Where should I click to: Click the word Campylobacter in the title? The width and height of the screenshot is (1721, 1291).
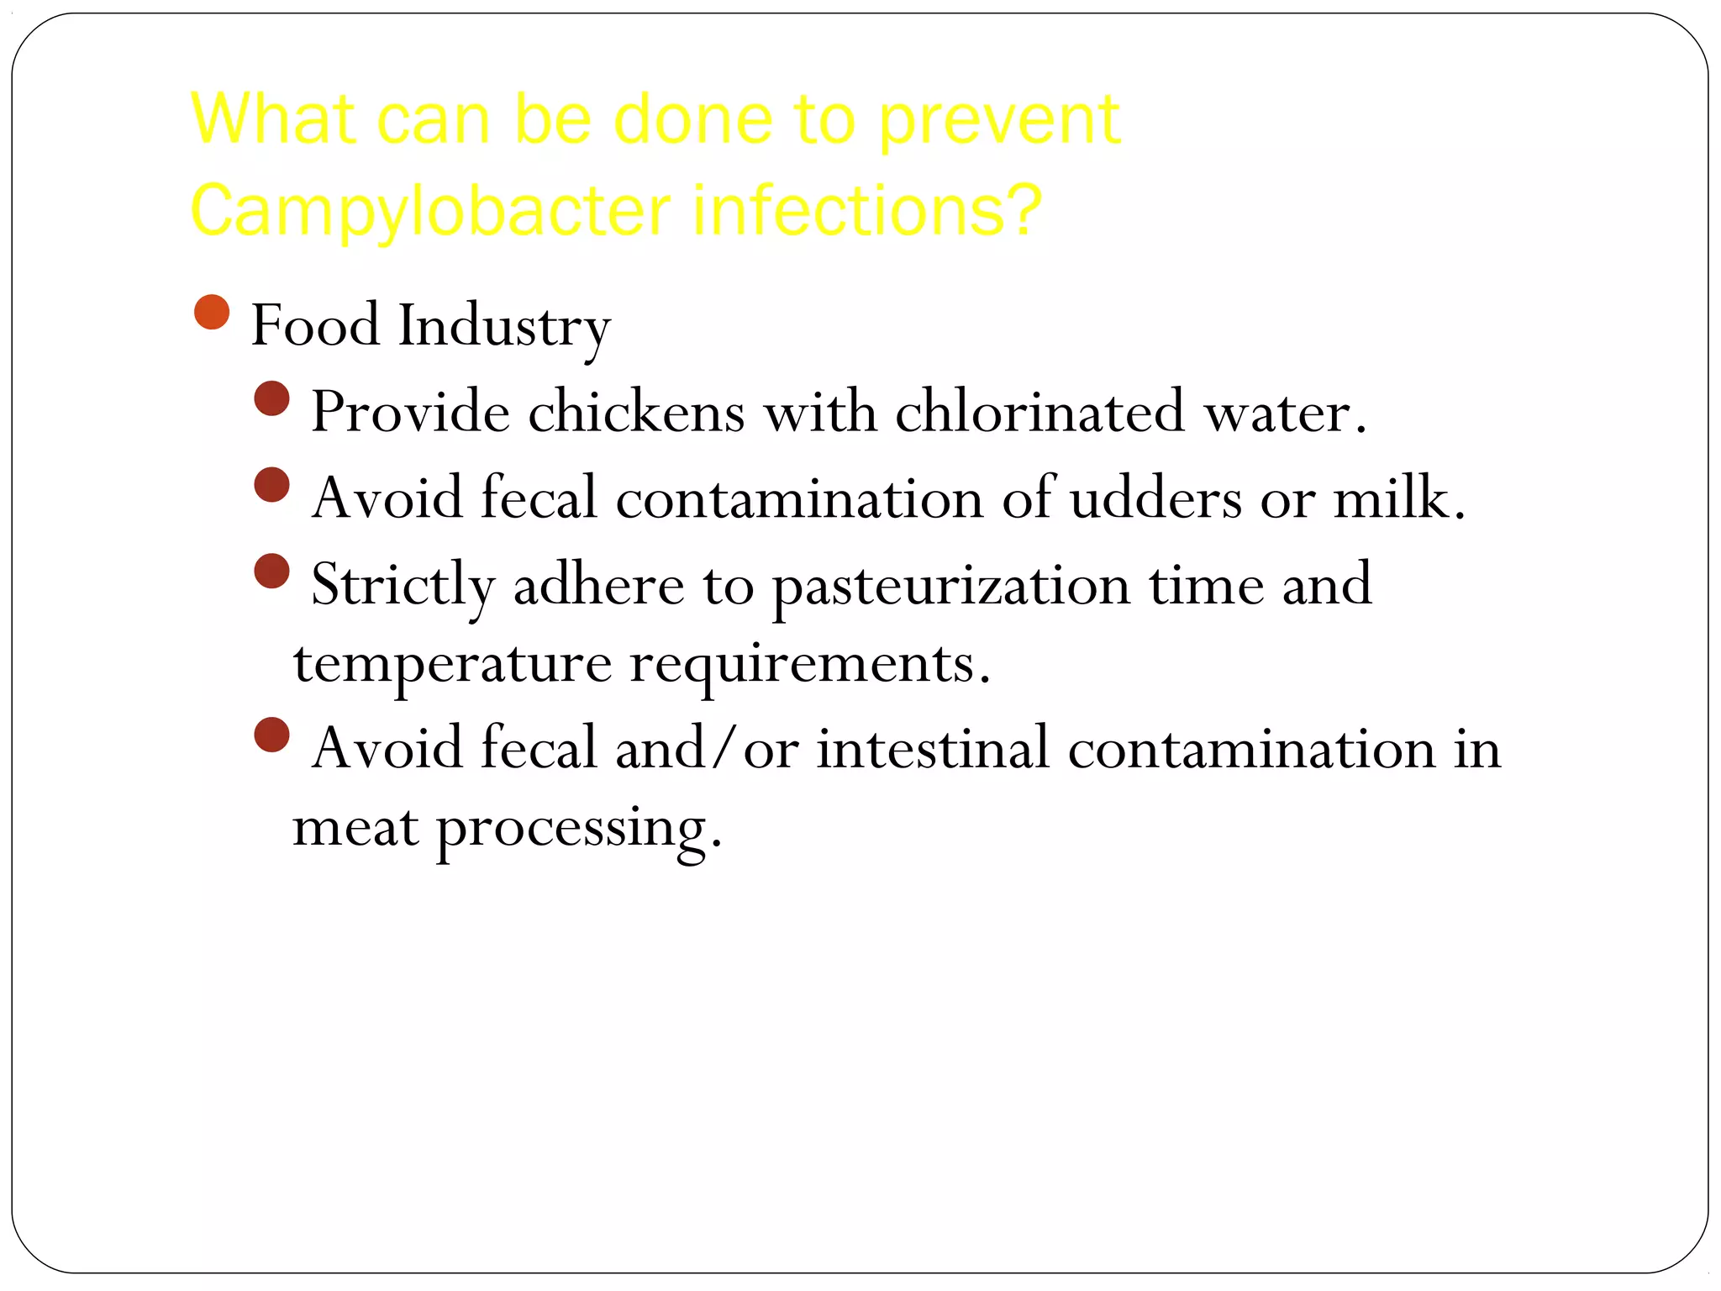pyautogui.click(x=430, y=210)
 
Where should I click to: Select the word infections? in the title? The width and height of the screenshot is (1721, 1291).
pyautogui.click(x=866, y=210)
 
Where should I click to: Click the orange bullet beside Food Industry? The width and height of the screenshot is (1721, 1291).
pyautogui.click(x=212, y=313)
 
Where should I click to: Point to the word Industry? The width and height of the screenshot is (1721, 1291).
pyautogui.click(x=503, y=326)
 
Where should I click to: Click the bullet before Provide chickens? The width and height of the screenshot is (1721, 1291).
pyautogui.click(x=271, y=399)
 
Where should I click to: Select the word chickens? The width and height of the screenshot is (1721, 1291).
pyautogui.click(x=636, y=413)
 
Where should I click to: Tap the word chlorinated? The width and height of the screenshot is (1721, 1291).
pyautogui.click(x=1039, y=413)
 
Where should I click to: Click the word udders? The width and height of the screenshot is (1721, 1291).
pyautogui.click(x=1155, y=498)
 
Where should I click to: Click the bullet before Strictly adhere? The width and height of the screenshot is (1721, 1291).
pyautogui.click(x=271, y=572)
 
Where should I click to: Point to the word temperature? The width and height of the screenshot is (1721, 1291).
pyautogui.click(x=452, y=665)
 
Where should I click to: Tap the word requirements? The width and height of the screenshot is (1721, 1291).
pyautogui.click(x=810, y=665)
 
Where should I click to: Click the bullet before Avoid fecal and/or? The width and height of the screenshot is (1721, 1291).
pyautogui.click(x=271, y=735)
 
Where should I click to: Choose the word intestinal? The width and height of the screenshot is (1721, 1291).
pyautogui.click(x=933, y=748)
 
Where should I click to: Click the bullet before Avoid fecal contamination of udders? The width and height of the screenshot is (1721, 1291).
pyautogui.click(x=271, y=485)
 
